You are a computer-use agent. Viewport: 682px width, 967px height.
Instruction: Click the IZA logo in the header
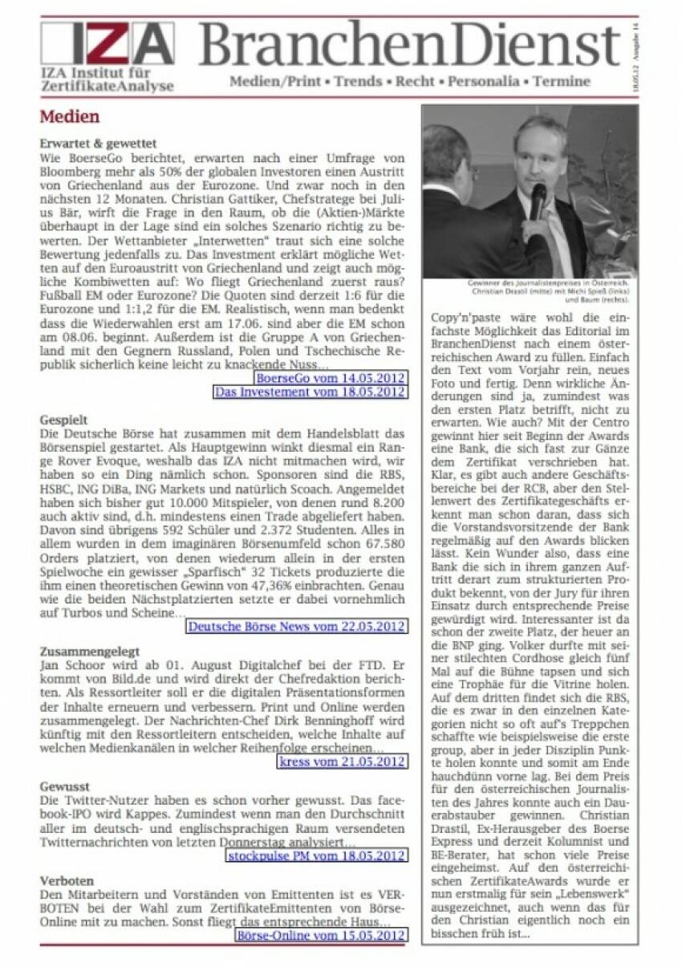point(107,45)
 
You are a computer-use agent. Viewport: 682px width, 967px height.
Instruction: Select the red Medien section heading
point(70,117)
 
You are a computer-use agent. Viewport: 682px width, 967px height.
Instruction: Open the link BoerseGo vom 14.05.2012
point(330,377)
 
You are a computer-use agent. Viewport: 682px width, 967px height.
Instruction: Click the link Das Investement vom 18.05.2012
point(309,392)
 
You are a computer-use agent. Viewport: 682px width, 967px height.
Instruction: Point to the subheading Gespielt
point(64,420)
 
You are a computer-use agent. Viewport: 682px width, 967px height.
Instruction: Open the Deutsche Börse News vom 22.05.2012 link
point(296,626)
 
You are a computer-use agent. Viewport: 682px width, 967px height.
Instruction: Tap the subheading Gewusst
point(65,787)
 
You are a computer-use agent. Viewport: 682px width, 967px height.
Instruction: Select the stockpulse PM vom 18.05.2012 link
point(315,856)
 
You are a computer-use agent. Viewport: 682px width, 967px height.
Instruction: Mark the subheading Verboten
point(67,881)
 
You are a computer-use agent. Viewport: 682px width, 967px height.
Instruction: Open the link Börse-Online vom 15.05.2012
point(320,935)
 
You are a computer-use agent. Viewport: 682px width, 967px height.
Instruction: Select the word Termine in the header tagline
point(562,81)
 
